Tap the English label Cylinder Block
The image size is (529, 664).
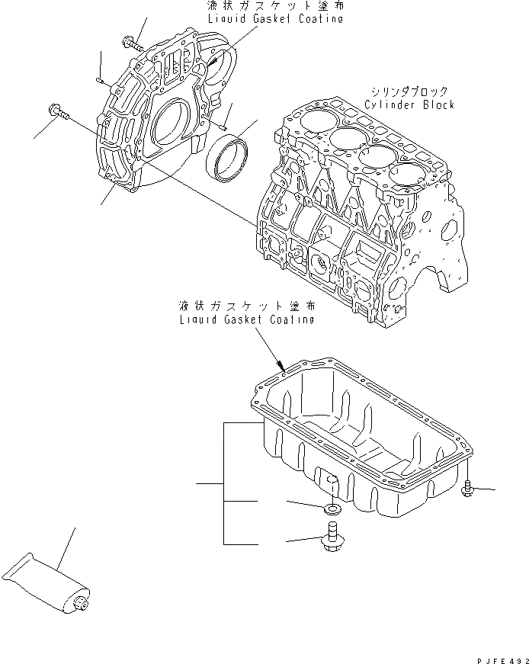409,104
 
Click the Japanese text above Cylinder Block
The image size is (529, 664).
409,91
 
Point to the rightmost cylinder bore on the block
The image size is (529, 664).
406,175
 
